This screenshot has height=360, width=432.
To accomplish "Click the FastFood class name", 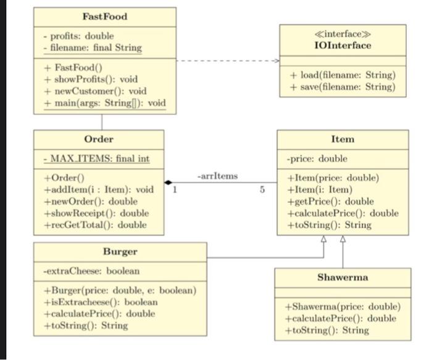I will (x=104, y=16).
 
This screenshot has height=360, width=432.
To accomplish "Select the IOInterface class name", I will (x=343, y=46).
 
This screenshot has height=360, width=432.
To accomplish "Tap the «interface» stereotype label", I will (x=343, y=35).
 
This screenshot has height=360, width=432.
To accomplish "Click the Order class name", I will (x=99, y=139).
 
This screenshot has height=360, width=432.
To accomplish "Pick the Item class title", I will (x=343, y=139).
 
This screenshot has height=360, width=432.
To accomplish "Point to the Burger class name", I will (x=120, y=252).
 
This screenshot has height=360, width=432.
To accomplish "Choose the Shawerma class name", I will (x=343, y=277).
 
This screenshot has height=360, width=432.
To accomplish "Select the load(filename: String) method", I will (x=343, y=75).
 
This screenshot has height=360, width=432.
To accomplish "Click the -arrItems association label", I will (x=217, y=176).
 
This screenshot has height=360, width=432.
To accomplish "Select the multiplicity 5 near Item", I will (x=262, y=190).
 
